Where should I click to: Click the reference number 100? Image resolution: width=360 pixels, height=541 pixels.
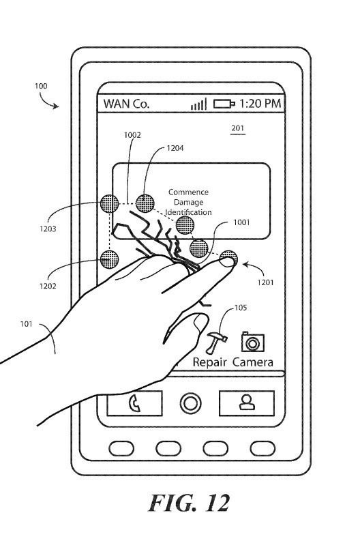tap(41, 86)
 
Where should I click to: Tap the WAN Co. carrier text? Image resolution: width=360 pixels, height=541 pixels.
tap(126, 104)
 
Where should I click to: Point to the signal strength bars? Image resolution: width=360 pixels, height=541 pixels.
tap(199, 104)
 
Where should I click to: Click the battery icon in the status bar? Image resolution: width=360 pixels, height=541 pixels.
tap(224, 104)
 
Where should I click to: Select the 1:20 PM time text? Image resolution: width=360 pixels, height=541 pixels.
tap(260, 104)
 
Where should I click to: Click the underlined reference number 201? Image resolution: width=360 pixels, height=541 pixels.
tap(237, 128)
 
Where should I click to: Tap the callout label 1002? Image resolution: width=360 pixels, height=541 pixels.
tap(132, 135)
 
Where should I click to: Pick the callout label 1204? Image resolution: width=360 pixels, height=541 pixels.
tap(175, 148)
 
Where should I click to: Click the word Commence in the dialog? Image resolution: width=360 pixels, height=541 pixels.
tap(188, 192)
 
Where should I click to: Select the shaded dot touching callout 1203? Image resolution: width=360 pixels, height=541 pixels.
tap(109, 203)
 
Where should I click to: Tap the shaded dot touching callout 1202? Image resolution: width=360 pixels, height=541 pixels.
tap(109, 259)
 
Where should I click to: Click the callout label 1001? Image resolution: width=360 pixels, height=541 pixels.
tap(241, 222)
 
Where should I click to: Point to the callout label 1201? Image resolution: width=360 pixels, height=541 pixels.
tap(265, 282)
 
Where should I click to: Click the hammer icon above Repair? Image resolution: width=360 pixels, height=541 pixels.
tap(216, 342)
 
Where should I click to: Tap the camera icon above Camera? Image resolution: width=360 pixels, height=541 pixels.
tap(253, 342)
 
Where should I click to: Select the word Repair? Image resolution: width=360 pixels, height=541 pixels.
tap(209, 362)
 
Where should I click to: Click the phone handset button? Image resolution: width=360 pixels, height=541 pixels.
tap(134, 403)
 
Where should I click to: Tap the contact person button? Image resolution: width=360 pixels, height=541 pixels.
tap(247, 403)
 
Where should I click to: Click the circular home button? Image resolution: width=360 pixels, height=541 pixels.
tap(191, 403)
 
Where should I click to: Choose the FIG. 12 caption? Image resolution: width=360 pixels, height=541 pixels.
tap(189, 503)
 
